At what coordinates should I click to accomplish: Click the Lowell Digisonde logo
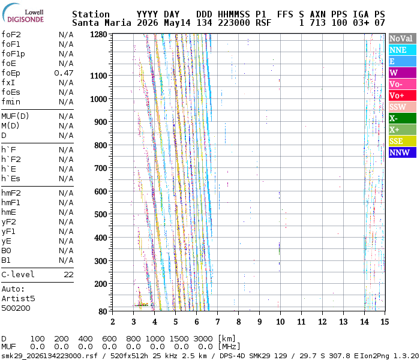coord(23,13)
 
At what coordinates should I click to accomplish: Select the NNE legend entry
coord(403,50)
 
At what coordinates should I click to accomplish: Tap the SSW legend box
coord(403,107)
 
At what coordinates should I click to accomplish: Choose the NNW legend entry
coord(403,152)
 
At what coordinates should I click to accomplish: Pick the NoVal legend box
coord(403,38)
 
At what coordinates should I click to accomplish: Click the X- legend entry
coord(403,118)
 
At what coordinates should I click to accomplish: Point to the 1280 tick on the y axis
coord(98,35)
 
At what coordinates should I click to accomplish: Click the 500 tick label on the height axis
coord(101,214)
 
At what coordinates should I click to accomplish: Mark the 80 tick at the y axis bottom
coord(103,311)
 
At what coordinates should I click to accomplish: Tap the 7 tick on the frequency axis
coord(217,322)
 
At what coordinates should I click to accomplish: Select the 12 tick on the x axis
coord(322,322)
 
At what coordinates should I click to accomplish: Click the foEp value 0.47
coord(64,73)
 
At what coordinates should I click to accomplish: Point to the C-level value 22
coord(68,275)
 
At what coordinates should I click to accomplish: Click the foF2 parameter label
coord(11,35)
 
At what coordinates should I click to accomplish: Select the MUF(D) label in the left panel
coord(15,116)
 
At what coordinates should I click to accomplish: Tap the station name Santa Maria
coord(101,23)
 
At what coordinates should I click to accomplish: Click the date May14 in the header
coord(177,23)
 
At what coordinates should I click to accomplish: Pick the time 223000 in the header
coord(234,23)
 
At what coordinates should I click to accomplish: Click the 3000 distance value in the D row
coord(203,338)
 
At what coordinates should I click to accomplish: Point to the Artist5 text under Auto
coord(18,298)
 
